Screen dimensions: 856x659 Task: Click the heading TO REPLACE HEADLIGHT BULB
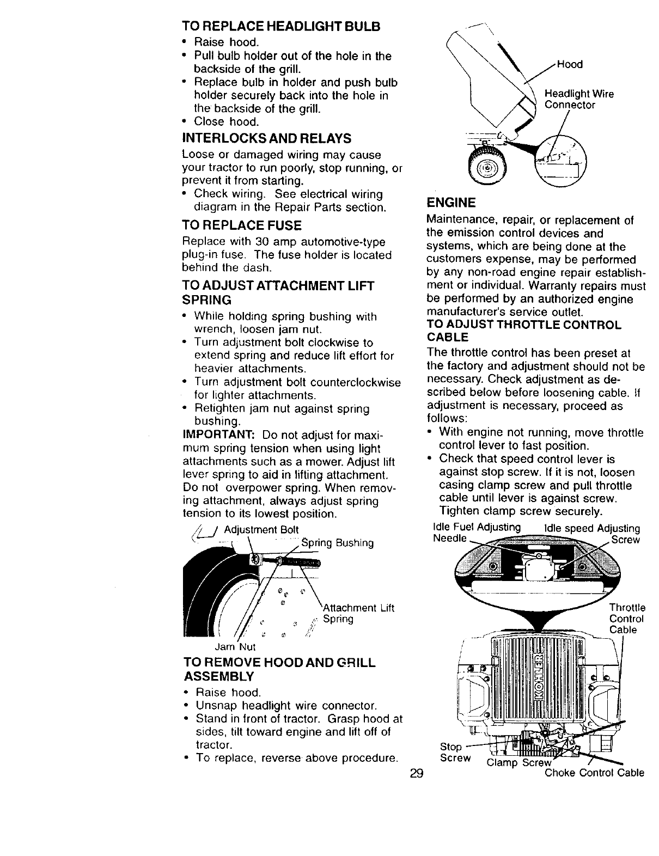click(281, 27)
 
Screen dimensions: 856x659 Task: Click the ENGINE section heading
click(451, 203)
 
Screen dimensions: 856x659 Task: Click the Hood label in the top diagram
click(570, 65)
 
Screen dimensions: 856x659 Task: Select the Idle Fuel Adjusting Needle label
click(474, 533)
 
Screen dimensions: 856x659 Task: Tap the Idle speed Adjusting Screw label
click(593, 533)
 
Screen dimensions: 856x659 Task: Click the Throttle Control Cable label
click(627, 619)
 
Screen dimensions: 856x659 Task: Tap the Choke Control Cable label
click(595, 773)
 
